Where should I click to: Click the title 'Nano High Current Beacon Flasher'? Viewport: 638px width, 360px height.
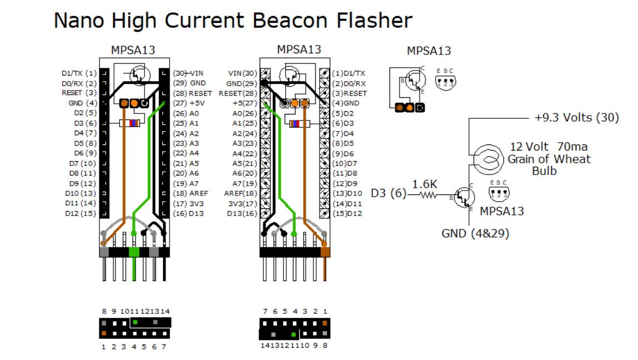tap(233, 21)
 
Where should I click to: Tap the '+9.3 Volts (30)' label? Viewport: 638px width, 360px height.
tap(576, 118)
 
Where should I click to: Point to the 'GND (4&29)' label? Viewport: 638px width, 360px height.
tap(475, 233)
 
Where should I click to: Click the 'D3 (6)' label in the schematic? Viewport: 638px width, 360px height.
tap(388, 194)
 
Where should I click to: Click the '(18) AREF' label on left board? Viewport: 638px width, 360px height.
tap(190, 193)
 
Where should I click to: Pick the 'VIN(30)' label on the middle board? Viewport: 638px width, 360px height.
tap(243, 73)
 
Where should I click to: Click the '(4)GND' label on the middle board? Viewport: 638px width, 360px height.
tap(346, 103)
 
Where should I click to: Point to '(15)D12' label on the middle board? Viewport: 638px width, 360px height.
tap(347, 213)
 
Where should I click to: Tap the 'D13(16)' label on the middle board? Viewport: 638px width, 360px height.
tap(242, 213)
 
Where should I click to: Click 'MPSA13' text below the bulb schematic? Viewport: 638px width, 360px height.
tap(502, 211)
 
